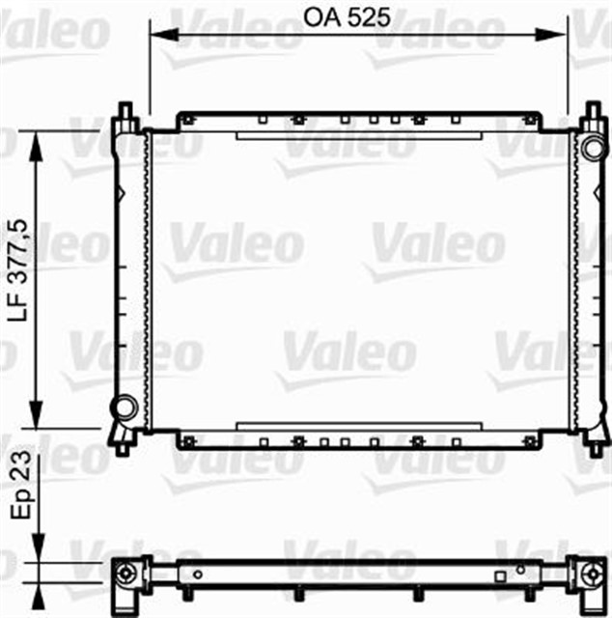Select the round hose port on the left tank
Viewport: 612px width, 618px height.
pyautogui.click(x=124, y=407)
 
